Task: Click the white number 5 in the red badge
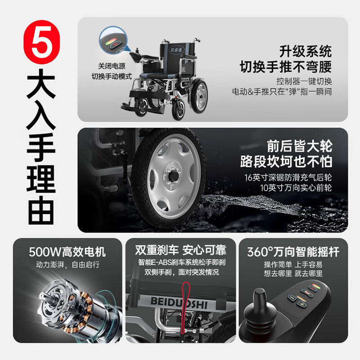[x=42, y=42]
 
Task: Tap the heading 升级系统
[x=306, y=51]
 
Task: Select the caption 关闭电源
[x=112, y=66]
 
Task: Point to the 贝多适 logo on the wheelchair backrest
[x=176, y=49]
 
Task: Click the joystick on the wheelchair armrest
[x=137, y=50]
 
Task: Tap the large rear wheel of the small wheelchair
[x=199, y=96]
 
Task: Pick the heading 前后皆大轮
[x=299, y=146]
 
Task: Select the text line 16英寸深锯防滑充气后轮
[x=288, y=177]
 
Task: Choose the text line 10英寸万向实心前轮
[x=296, y=188]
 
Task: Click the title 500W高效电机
[x=67, y=252]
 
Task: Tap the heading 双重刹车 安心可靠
[x=181, y=250]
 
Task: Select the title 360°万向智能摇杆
[x=293, y=252]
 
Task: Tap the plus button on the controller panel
[x=301, y=305]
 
